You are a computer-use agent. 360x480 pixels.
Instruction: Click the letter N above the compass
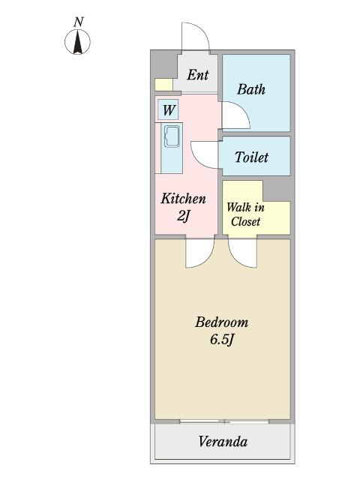tap(79, 22)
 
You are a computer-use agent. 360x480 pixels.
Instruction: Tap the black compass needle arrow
tap(78, 42)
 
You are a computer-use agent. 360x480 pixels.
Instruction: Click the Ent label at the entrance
tap(198, 75)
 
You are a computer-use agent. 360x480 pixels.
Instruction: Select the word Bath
tap(251, 89)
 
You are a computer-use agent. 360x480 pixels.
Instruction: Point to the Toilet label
tap(251, 157)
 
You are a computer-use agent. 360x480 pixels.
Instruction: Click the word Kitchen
tap(183, 199)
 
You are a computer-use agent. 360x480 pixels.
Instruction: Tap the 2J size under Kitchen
tap(183, 217)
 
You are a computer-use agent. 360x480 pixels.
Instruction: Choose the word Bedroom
tap(222, 322)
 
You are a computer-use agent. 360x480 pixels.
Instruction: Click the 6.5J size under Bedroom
tap(222, 340)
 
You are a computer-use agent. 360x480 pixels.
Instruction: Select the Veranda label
tap(223, 442)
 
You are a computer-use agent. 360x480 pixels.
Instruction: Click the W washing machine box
tap(168, 109)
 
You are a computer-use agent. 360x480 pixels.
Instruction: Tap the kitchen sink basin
tap(172, 136)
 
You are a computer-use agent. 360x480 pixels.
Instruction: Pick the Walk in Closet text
tap(245, 214)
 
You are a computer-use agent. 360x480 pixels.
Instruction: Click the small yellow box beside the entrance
tap(163, 85)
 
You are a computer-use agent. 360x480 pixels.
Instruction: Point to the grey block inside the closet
tap(277, 190)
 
